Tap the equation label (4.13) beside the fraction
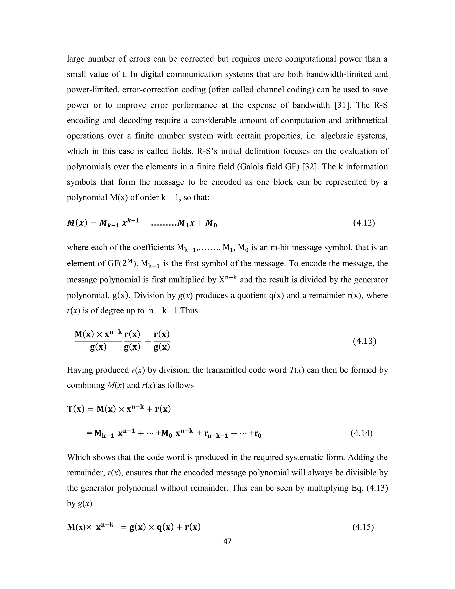[364, 341]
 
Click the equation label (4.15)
[363, 527]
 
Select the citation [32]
[311, 167]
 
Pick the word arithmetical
[366, 120]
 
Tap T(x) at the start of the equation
[76, 409]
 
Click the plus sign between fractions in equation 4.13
[148, 341]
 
